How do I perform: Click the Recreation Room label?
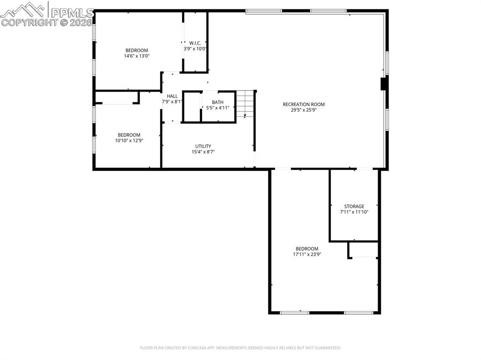(303, 104)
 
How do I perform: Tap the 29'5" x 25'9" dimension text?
(303, 110)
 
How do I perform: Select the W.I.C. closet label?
(195, 43)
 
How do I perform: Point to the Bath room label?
(217, 102)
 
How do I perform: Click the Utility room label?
(203, 146)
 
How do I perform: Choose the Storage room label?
(354, 206)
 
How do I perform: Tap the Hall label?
(172, 96)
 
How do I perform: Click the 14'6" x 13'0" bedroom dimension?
(136, 56)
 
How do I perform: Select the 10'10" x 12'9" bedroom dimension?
(129, 140)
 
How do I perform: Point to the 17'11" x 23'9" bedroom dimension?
(307, 254)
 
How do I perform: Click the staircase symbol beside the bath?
(245, 104)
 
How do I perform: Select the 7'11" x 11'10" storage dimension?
(354, 212)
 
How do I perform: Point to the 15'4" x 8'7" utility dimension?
(203, 152)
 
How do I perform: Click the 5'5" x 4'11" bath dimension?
(217, 108)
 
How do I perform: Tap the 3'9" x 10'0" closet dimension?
(195, 48)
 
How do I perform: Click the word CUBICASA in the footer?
(188, 348)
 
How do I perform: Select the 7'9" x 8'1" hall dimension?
(172, 102)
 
